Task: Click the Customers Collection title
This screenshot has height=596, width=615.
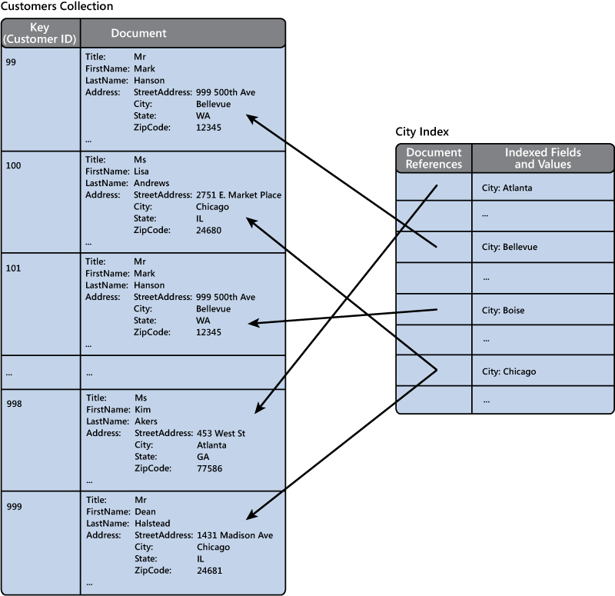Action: point(57,7)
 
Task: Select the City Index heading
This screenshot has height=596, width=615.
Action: point(422,132)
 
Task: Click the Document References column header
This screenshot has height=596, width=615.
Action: point(434,158)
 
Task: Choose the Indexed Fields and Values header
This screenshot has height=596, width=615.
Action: point(543,158)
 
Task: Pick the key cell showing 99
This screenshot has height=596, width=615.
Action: point(11,62)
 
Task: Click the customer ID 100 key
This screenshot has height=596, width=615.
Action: point(13,165)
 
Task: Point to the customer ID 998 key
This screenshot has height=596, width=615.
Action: point(13,404)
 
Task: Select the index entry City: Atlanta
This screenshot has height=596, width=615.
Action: point(507,188)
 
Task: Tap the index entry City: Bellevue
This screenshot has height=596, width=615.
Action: point(509,248)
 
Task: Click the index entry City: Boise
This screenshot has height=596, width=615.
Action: point(504,311)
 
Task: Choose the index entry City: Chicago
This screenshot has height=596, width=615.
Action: point(508,371)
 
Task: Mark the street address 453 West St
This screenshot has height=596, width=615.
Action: point(221,434)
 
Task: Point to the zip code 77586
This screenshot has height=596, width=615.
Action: point(210,468)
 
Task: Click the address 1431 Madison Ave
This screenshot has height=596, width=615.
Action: point(234,535)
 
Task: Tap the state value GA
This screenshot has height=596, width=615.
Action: point(203,457)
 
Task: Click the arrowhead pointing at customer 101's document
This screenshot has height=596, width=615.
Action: point(252,324)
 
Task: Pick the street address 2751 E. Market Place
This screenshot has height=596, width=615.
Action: point(238,195)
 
